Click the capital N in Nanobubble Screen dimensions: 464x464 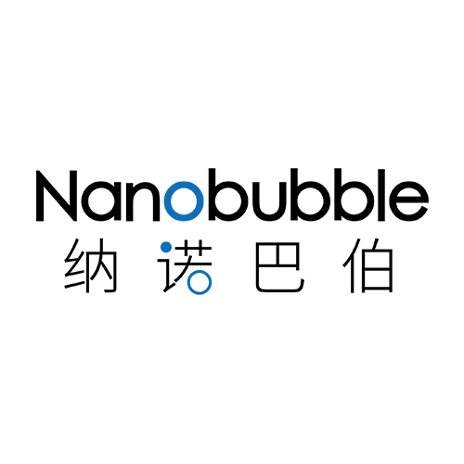(57, 196)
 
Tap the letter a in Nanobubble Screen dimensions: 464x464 (101, 201)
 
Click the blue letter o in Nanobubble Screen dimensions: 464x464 (184, 201)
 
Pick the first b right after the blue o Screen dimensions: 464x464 (229, 196)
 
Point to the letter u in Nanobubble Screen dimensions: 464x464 (273, 201)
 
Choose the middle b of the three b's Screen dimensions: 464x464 (316, 196)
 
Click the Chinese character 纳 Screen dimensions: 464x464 (91, 266)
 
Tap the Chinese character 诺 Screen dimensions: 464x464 (185, 266)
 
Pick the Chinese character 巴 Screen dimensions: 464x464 (280, 267)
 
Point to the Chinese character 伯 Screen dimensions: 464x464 (367, 265)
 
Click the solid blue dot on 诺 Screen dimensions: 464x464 (166, 247)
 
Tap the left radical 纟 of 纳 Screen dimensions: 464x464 (74, 265)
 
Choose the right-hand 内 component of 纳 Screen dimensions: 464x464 (102, 266)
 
